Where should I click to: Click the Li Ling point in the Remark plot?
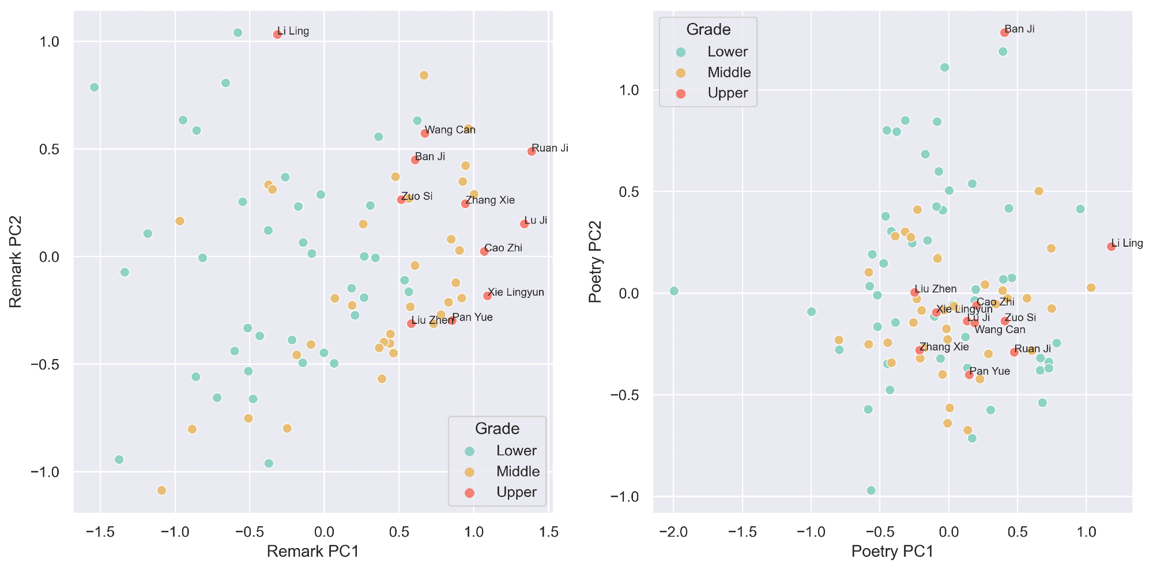point(277,35)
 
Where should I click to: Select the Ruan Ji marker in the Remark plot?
point(532,151)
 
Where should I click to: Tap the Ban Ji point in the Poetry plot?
point(1004,32)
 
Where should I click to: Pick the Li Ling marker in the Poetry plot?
point(1111,247)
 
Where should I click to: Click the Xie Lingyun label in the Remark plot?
point(516,292)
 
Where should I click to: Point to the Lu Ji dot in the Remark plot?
point(524,224)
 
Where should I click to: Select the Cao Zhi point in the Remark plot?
point(484,251)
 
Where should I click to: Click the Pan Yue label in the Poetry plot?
point(990,371)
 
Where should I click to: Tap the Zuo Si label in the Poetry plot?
point(1020,318)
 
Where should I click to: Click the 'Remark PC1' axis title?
point(312,552)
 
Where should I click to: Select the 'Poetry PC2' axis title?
point(596,262)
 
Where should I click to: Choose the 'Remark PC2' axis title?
point(16,262)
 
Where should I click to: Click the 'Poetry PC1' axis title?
point(892,552)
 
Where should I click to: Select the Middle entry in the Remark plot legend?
point(518,471)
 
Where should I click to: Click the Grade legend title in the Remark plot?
point(497,429)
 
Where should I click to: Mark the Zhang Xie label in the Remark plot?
point(490,201)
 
